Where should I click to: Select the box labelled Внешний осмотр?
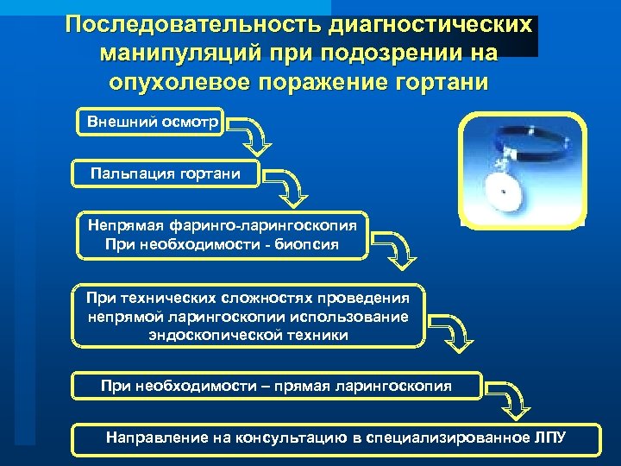point(150,122)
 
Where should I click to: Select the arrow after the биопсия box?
point(397,248)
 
